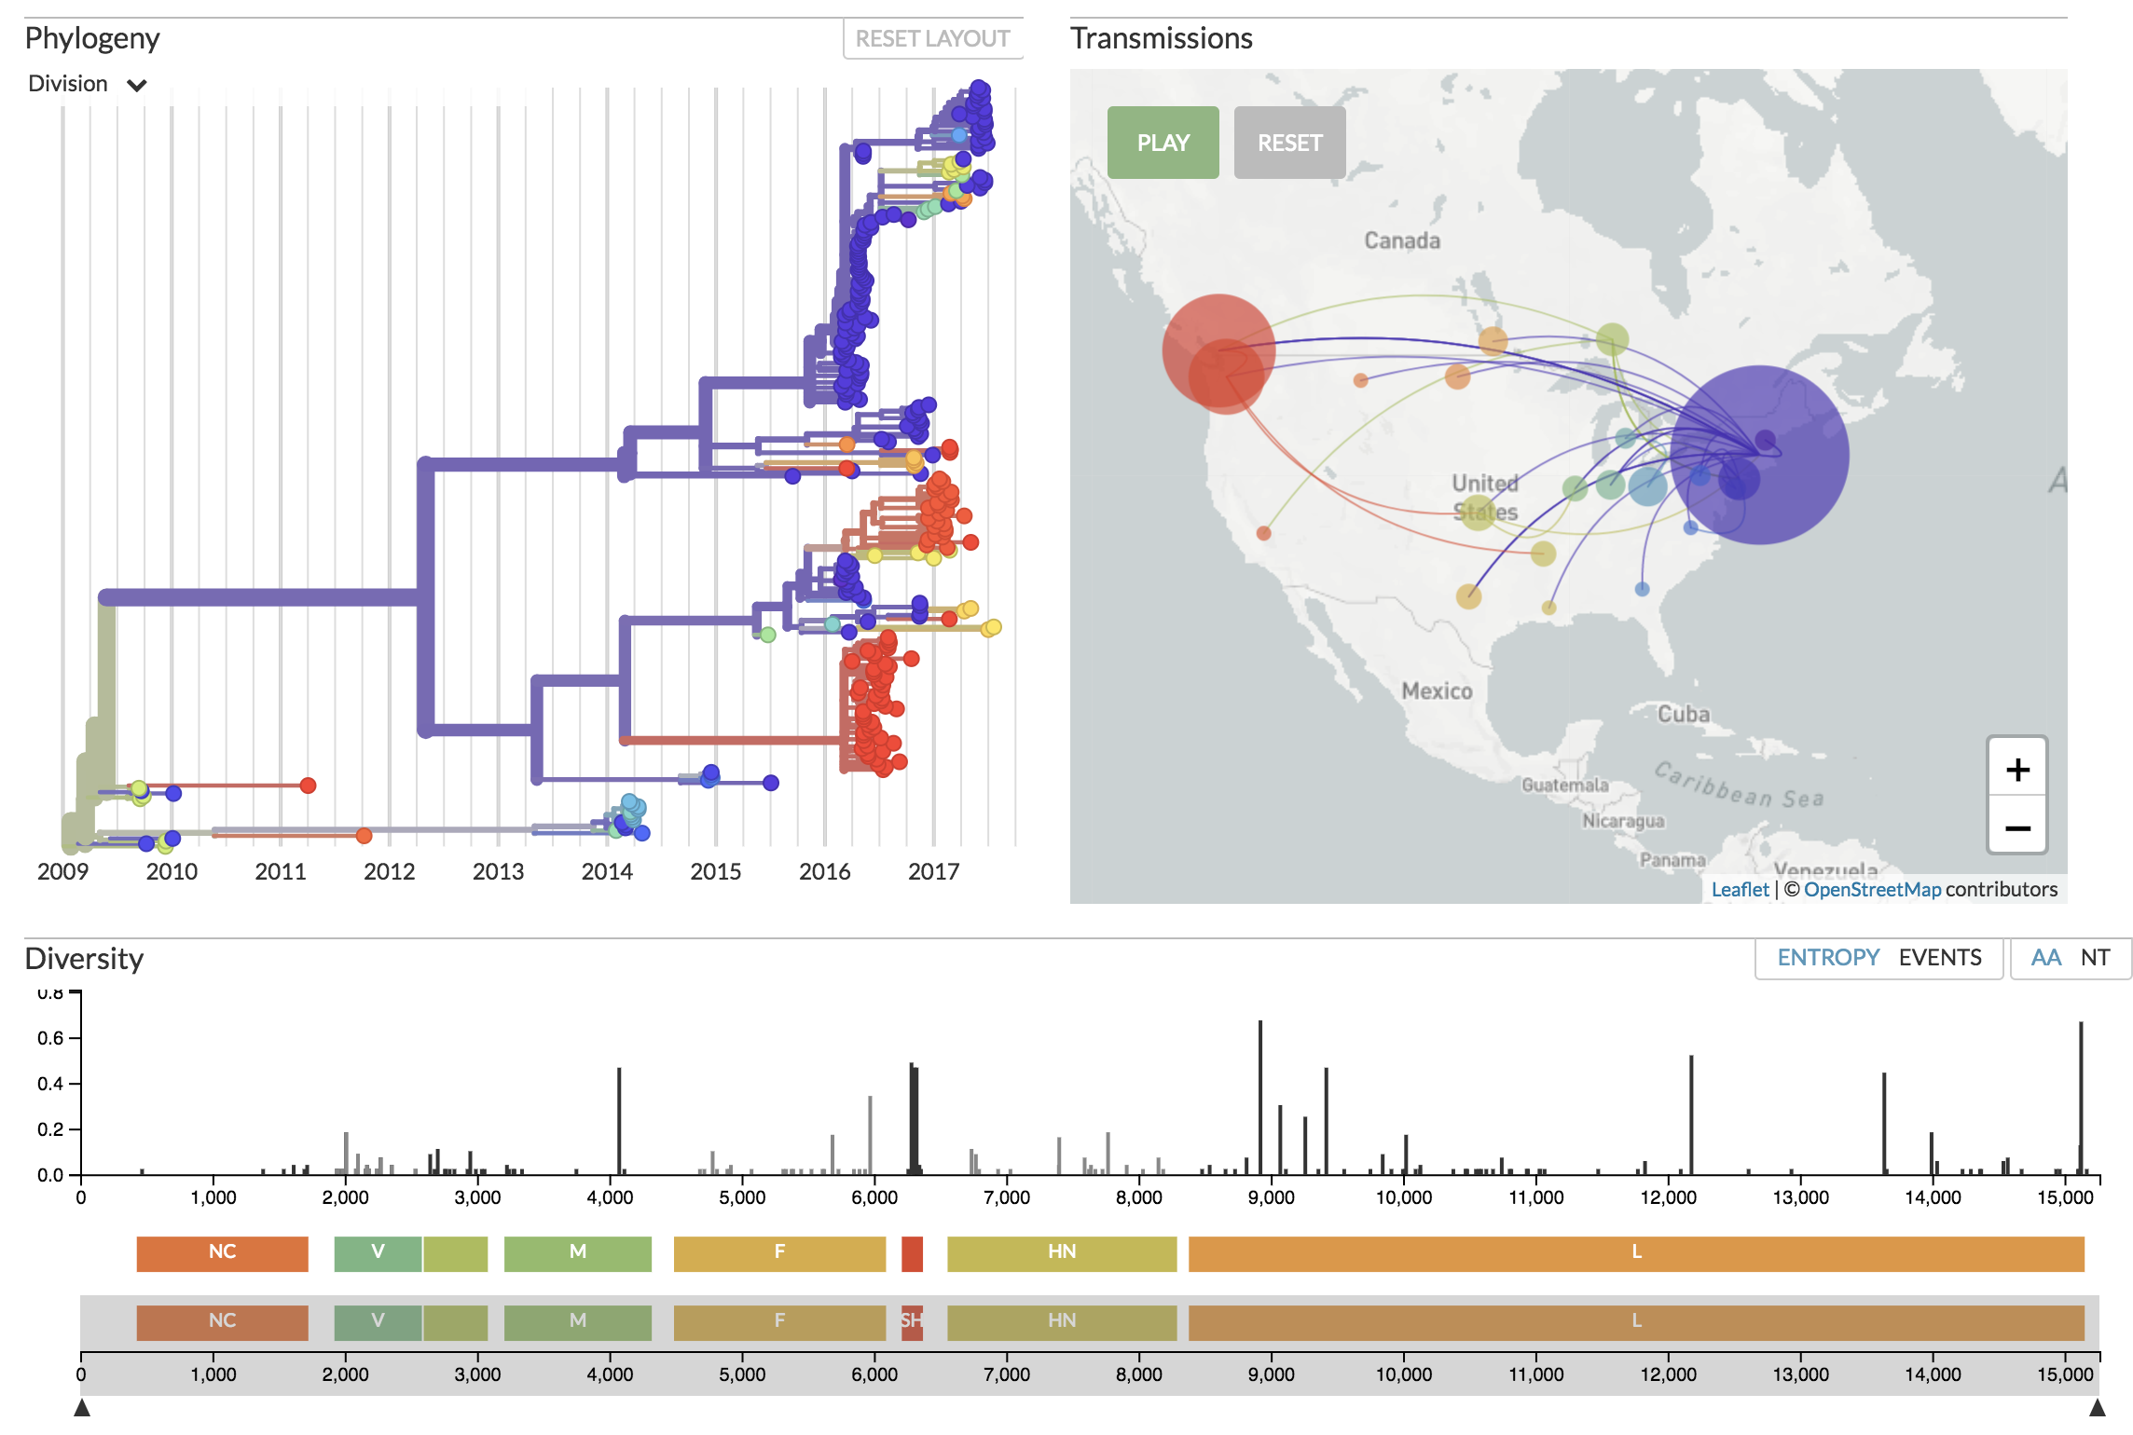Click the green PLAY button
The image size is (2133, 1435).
(1163, 143)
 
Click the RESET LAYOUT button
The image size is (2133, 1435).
(932, 39)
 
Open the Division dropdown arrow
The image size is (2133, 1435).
(137, 86)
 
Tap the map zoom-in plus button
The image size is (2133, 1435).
(2017, 770)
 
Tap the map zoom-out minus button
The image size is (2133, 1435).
(2017, 827)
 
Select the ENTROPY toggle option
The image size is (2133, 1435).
(1827, 958)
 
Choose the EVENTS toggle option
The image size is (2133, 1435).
(1940, 958)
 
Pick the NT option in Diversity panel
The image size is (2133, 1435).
(2095, 958)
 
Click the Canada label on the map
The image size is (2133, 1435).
(1402, 241)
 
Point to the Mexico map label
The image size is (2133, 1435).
(1437, 691)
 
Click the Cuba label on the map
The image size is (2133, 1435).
(1683, 715)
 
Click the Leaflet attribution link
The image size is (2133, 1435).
(1740, 890)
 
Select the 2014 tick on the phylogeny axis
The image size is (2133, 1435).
(607, 872)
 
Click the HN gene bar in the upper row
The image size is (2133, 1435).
(1062, 1252)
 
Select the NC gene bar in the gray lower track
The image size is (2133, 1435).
(222, 1321)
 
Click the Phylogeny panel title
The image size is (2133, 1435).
(92, 39)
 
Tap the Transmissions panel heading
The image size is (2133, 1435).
(1161, 39)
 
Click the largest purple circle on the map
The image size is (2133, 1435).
(1759, 455)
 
